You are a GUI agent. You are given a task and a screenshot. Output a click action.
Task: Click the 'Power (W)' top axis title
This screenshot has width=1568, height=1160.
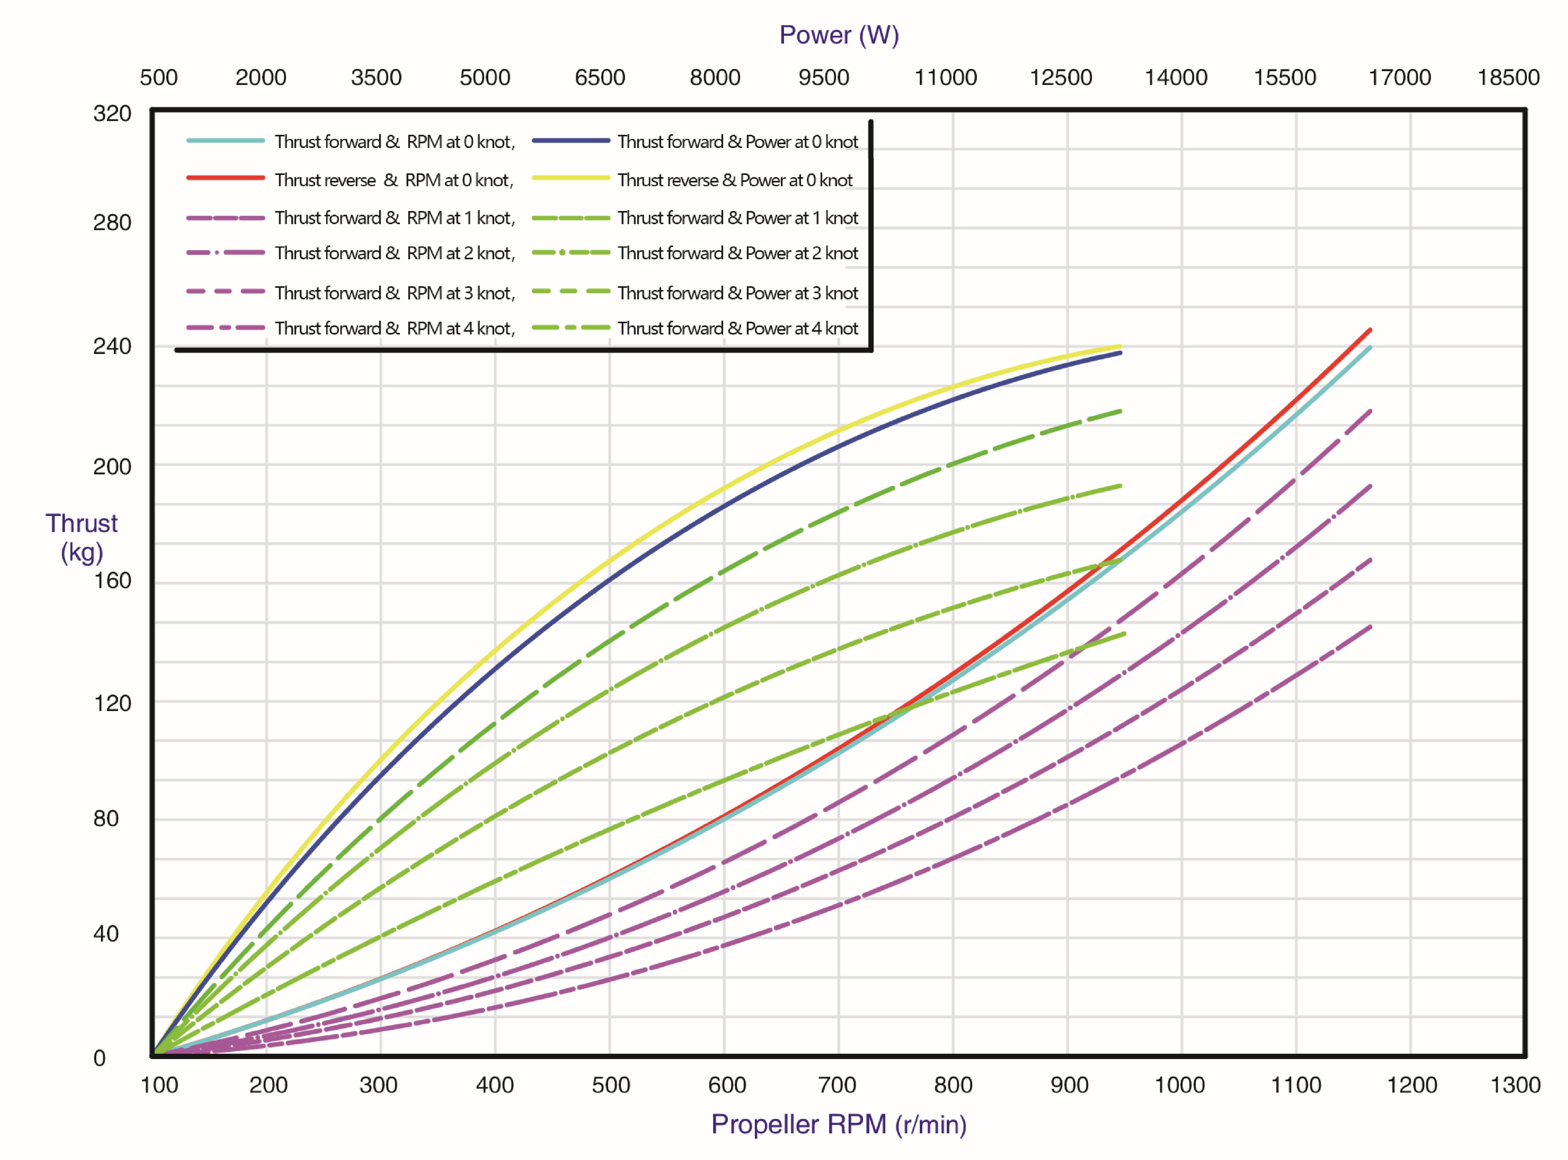click(x=839, y=35)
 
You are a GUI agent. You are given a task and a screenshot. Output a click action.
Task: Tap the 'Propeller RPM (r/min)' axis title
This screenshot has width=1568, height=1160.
click(x=839, y=1124)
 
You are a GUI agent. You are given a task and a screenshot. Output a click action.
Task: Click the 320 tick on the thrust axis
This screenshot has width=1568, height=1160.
click(x=112, y=114)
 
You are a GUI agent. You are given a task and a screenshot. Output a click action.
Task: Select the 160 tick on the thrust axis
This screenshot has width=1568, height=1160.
click(x=112, y=581)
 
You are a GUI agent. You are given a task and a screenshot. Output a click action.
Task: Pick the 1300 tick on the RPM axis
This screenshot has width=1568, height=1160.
click(x=1515, y=1085)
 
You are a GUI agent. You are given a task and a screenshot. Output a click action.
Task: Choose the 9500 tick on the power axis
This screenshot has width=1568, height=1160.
click(x=824, y=77)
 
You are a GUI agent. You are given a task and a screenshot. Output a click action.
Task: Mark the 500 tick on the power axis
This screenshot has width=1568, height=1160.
click(x=159, y=77)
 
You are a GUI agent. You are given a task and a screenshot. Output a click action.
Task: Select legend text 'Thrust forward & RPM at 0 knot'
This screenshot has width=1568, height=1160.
click(x=395, y=142)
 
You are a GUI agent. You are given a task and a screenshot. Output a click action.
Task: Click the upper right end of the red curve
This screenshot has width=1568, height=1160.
click(x=1370, y=329)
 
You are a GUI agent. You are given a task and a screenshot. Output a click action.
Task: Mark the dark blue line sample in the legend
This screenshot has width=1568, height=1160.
click(x=570, y=140)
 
